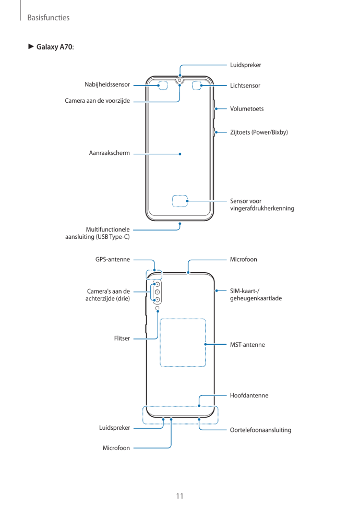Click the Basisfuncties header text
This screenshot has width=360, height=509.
(48, 18)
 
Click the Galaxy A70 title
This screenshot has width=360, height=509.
(55, 47)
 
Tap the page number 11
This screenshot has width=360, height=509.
(179, 496)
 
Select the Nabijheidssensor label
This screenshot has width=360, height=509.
(107, 84)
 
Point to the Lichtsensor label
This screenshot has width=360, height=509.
(245, 86)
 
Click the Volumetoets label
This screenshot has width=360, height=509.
(247, 109)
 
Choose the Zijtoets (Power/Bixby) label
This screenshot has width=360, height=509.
(259, 132)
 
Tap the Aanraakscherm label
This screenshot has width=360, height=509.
(109, 153)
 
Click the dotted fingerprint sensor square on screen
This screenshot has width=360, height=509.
(180, 201)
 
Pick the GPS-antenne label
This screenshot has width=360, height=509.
(112, 259)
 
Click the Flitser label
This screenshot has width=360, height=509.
(122, 338)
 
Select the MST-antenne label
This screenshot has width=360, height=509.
(247, 345)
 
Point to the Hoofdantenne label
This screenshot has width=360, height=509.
(249, 395)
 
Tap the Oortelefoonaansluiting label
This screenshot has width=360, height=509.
(260, 430)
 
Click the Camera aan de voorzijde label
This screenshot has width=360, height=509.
(97, 100)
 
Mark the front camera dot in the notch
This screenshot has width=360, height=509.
(179, 81)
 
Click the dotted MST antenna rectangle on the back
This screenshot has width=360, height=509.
(183, 342)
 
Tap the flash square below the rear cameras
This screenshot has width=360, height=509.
(157, 308)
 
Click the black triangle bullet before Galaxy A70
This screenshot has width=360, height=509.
(31, 47)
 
